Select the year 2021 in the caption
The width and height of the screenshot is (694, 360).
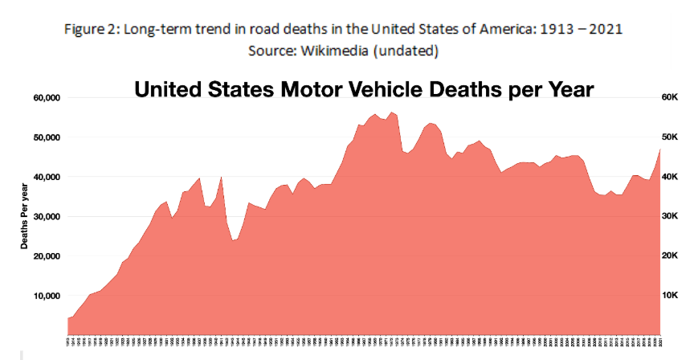click(x=602, y=29)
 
